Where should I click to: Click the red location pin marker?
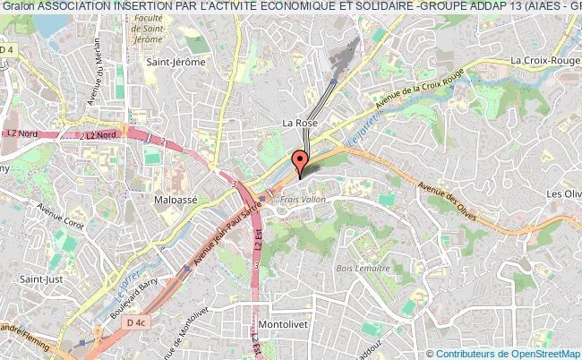click(300, 162)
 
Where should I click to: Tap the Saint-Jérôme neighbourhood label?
click(175, 62)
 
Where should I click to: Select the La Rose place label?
click(299, 123)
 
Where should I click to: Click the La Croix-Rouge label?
click(543, 60)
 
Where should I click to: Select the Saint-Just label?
click(40, 279)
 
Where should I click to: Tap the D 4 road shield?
click(7, 50)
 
